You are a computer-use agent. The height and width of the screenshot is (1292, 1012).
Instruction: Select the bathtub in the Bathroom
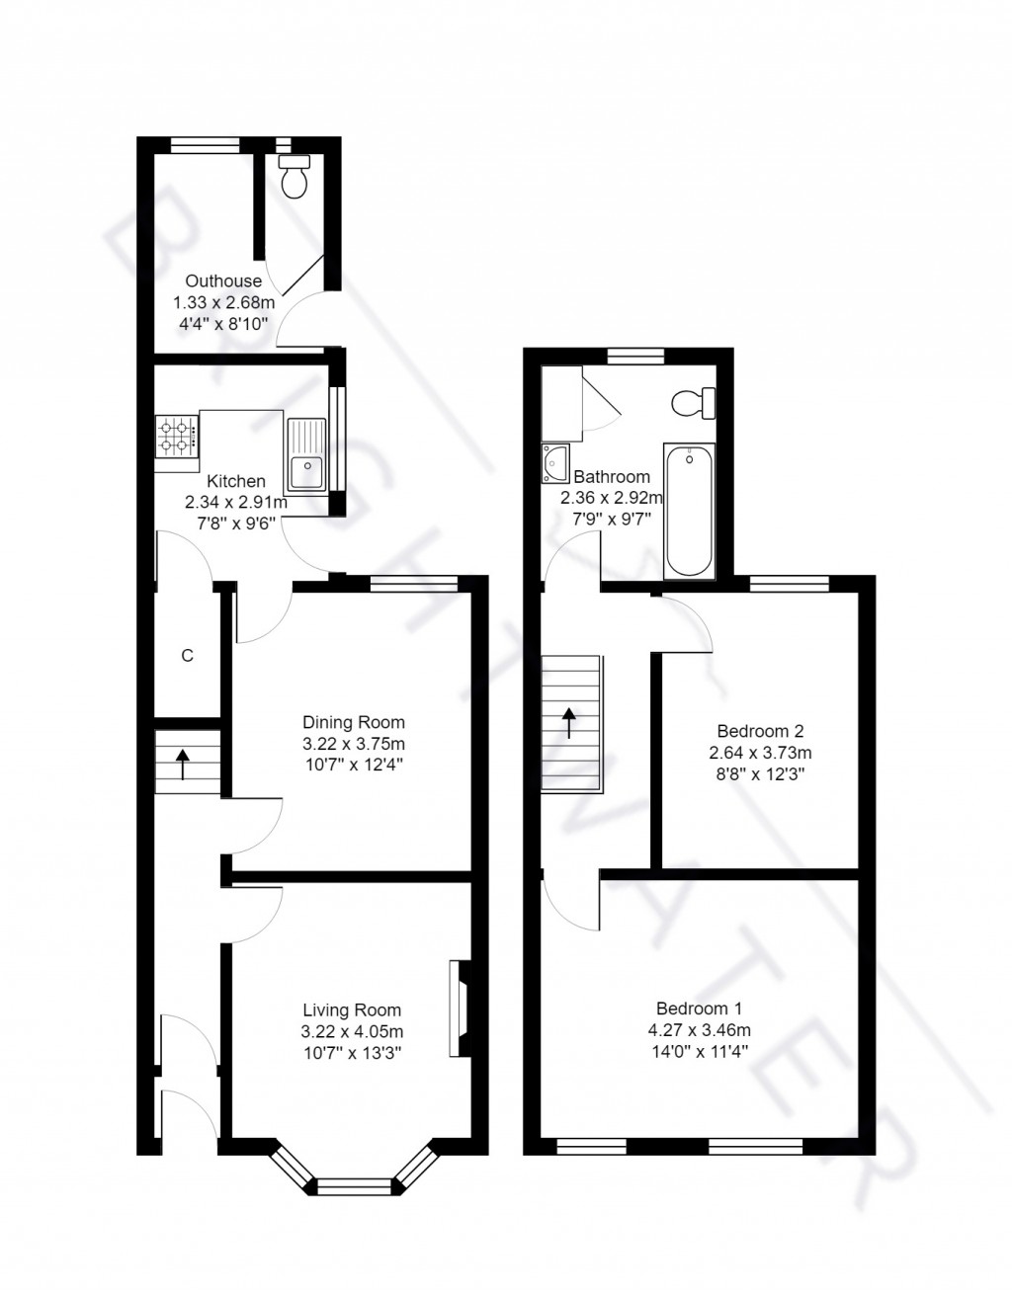pyautogui.click(x=689, y=510)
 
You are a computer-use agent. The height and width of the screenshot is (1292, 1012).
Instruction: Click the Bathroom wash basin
pyautogui.click(x=555, y=462)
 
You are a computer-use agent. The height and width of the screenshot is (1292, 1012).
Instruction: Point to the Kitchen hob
pyautogui.click(x=177, y=438)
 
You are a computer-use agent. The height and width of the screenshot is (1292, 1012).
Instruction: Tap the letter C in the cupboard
pyautogui.click(x=186, y=655)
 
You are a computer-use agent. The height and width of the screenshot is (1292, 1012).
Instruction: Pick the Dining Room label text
pyautogui.click(x=354, y=722)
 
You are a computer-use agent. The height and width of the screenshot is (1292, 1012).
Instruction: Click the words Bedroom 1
pyautogui.click(x=699, y=1009)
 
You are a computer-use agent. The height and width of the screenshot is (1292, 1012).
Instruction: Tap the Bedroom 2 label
pyautogui.click(x=760, y=731)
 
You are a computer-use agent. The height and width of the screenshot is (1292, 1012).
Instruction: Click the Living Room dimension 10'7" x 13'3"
pyautogui.click(x=353, y=1052)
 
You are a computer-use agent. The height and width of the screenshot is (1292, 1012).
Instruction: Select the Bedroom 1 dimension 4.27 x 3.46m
pyautogui.click(x=699, y=1030)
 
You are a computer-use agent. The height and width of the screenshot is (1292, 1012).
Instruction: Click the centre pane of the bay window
pyautogui.click(x=353, y=1185)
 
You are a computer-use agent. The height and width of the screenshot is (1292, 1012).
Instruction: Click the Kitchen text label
pyautogui.click(x=235, y=481)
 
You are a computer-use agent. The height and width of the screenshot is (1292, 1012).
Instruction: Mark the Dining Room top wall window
pyautogui.click(x=414, y=584)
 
